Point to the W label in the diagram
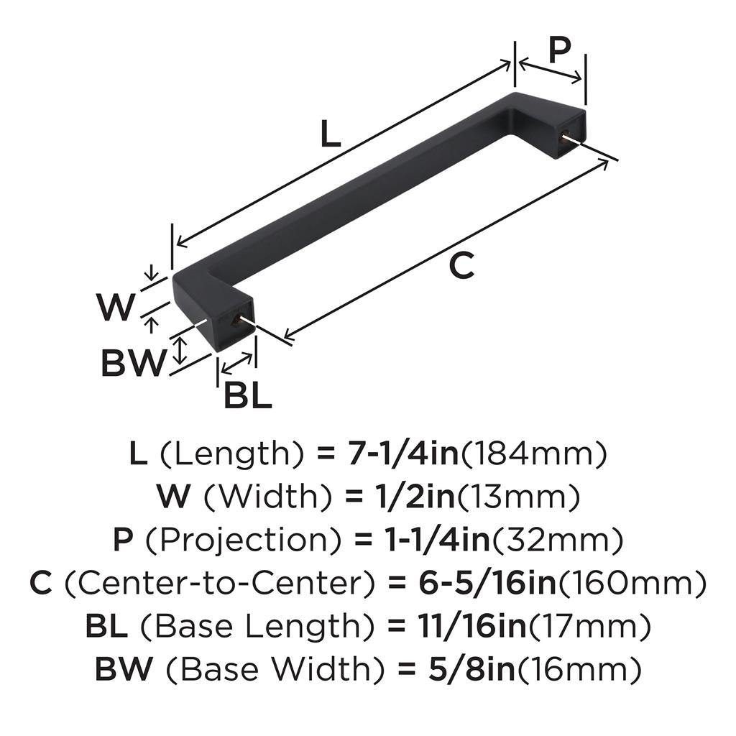coord(116,308)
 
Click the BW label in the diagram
coord(133,364)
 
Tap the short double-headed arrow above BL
coord(237,364)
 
